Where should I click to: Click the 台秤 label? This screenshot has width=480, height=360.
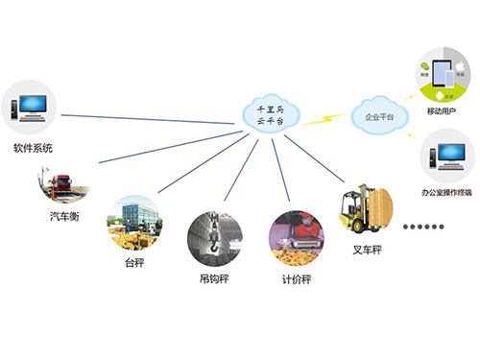click(132, 262)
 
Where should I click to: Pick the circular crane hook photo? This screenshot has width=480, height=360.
click(214, 240)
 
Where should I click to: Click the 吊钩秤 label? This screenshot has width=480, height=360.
click(213, 282)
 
